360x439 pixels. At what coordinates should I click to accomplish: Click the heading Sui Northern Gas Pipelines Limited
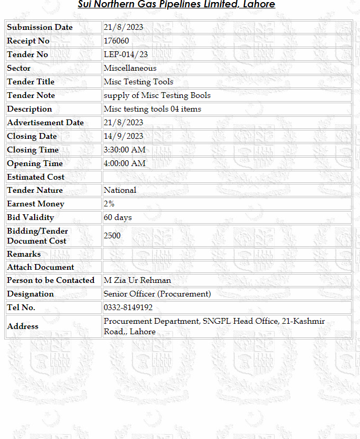coord(176,5)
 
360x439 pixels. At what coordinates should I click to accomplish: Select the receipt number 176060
coord(116,41)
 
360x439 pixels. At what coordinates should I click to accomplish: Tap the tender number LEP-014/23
coord(126,54)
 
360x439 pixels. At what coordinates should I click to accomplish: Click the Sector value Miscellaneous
coord(130,68)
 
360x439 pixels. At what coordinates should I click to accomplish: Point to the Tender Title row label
coord(30,82)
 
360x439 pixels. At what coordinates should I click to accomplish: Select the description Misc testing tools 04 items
coord(152,109)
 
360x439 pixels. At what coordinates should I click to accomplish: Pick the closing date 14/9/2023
coord(123,136)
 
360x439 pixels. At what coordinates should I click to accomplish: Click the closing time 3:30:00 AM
coord(125,150)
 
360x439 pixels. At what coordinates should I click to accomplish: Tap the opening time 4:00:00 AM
coord(125,163)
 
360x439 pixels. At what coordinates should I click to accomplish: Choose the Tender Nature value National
coord(119,190)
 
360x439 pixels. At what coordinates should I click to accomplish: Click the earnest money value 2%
coord(109,204)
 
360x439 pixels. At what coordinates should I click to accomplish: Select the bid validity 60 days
coord(117,217)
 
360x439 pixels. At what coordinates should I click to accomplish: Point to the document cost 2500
coord(112,236)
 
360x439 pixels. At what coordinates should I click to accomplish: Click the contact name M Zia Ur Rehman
coord(137,280)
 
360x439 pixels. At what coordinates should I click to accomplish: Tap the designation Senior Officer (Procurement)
coord(157,294)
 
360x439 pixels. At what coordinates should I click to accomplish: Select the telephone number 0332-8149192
coord(128,308)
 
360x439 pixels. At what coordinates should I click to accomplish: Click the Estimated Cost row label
coord(36,177)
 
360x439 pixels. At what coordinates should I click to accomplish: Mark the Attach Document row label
coord(40,267)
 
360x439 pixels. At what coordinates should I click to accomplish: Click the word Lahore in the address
coord(143,332)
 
